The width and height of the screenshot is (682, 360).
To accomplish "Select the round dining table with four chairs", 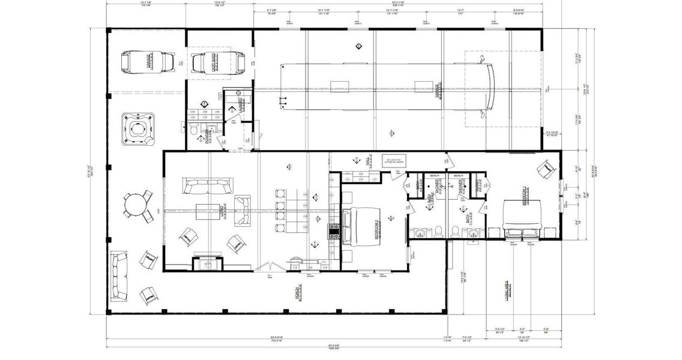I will click(x=137, y=205).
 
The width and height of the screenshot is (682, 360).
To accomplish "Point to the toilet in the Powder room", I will click(x=193, y=130).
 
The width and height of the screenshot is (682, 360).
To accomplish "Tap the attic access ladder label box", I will click(x=396, y=160).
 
